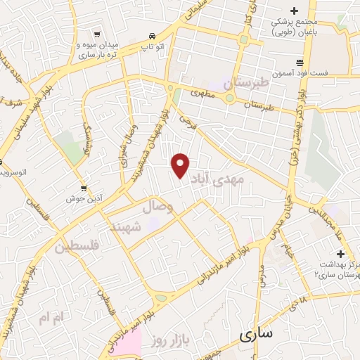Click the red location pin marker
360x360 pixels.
(x=181, y=165)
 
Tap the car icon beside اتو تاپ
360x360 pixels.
(x=152, y=36)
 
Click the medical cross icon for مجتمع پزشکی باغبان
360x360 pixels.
(x=295, y=10)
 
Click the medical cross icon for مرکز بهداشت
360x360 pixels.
(x=340, y=253)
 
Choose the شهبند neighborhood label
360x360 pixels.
(x=127, y=226)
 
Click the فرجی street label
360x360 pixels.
(x=186, y=121)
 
